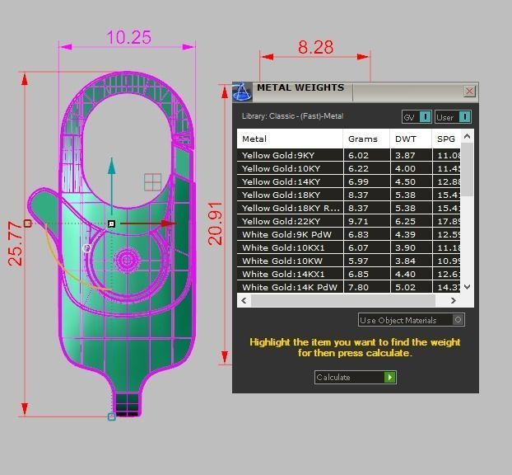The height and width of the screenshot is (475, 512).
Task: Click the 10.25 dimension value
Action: point(129,37)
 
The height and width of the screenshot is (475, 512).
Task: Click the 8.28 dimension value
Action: point(315,47)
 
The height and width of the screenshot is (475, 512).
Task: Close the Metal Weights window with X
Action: point(470,92)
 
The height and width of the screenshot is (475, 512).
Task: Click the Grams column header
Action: point(362,139)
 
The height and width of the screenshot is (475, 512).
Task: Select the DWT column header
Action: point(405,139)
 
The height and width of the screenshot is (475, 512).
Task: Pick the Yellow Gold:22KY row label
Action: point(281,221)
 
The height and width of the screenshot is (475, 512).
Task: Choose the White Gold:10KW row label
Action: point(281,261)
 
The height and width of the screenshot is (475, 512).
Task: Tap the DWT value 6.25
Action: point(405,221)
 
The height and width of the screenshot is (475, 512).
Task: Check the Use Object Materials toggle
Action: point(458,320)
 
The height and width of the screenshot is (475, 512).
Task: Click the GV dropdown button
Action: point(425,117)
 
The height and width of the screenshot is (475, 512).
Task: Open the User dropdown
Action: point(464,117)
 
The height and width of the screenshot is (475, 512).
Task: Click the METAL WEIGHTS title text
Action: point(300,88)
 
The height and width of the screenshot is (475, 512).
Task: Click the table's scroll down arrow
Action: point(468,287)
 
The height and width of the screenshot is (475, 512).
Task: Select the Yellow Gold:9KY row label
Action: point(278,155)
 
